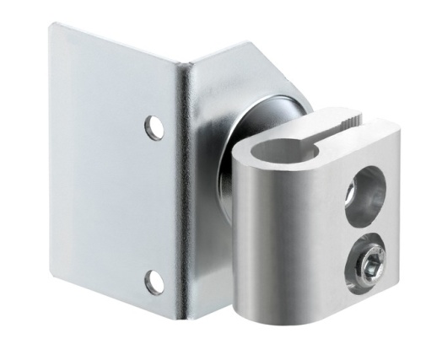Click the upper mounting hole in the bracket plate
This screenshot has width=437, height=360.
tap(154, 126)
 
